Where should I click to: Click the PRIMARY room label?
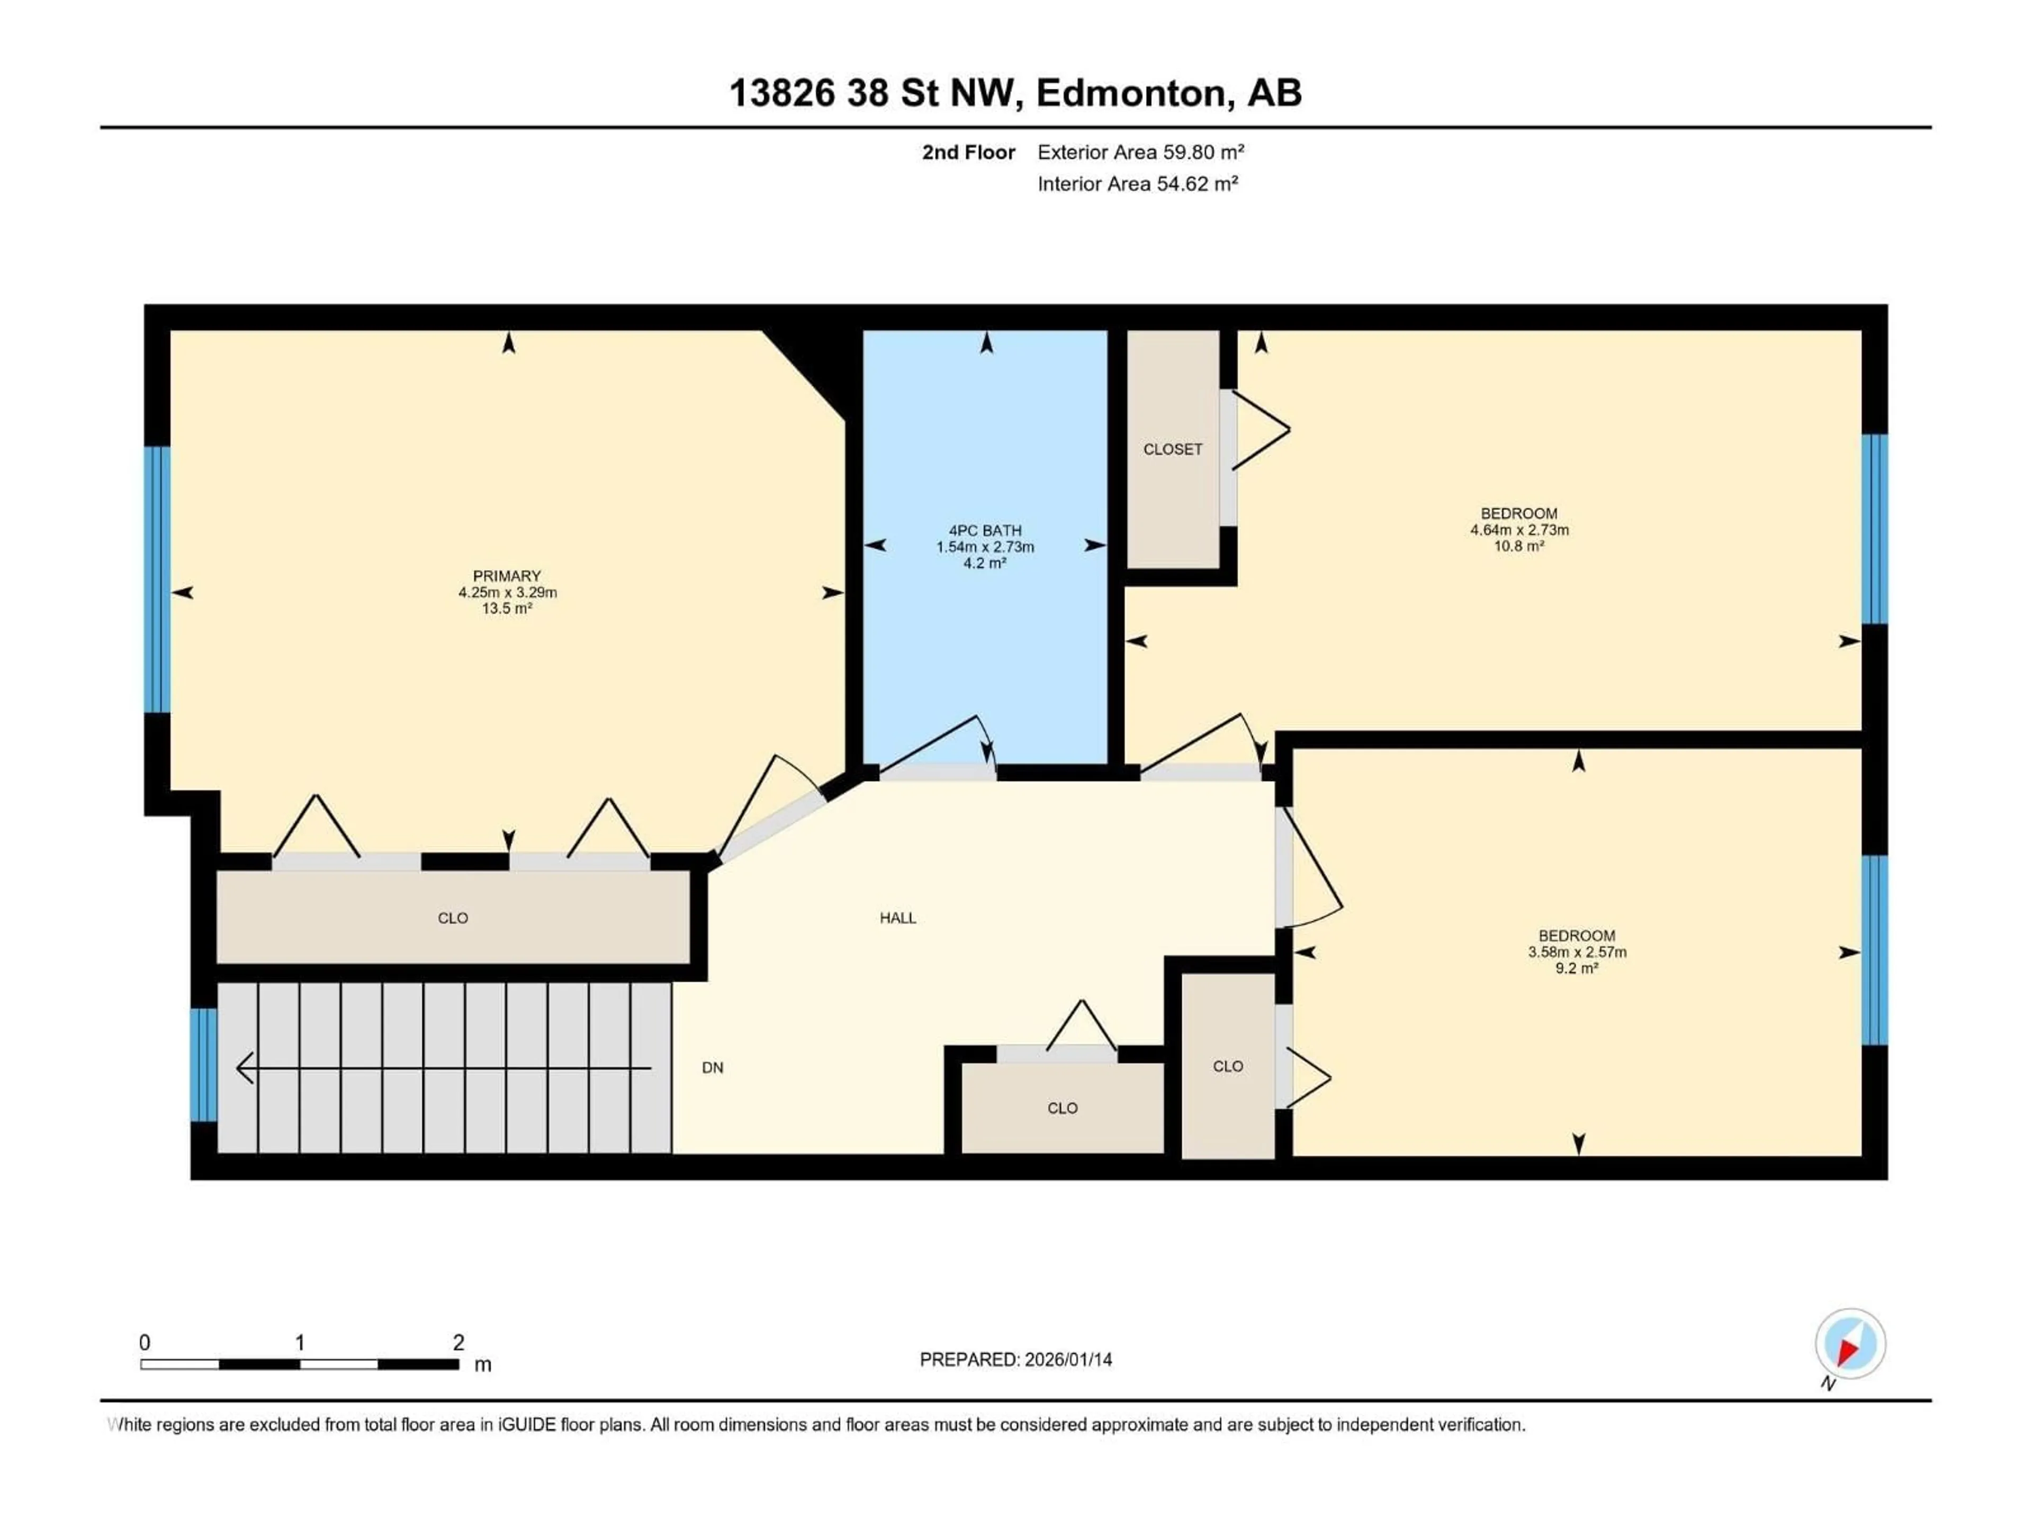coord(507,576)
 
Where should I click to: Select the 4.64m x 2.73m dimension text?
coord(1518,530)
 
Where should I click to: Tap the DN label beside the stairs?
coord(712,1067)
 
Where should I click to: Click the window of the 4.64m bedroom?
coord(1874,529)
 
